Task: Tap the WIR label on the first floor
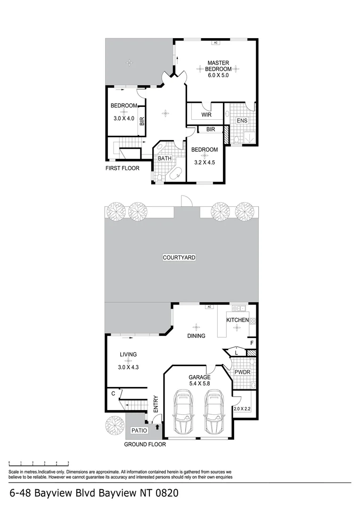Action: (x=206, y=115)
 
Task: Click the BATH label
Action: (x=164, y=158)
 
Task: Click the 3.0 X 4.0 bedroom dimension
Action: (x=124, y=119)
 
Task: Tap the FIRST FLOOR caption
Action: (x=123, y=168)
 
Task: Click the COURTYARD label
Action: (x=179, y=258)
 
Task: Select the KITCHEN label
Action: (x=237, y=320)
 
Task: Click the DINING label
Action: (x=196, y=336)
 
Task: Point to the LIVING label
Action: (x=128, y=354)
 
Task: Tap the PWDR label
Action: (x=242, y=372)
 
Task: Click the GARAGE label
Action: (x=199, y=378)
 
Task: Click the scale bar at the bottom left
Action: (x=39, y=463)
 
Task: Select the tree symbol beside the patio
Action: (x=115, y=424)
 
